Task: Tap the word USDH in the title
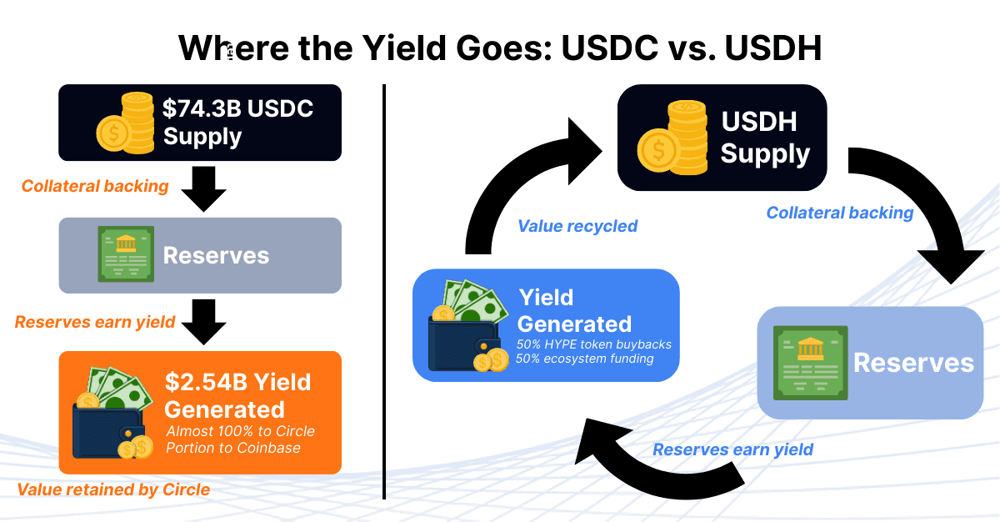click(x=772, y=48)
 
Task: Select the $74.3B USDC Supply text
click(x=237, y=122)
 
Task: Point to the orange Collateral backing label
click(x=95, y=186)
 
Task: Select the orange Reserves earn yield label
click(x=95, y=322)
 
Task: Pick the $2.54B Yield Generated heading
click(x=237, y=395)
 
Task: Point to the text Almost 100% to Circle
click(x=240, y=432)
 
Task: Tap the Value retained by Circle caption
click(x=113, y=489)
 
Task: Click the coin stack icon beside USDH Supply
click(x=672, y=138)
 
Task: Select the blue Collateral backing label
click(x=840, y=213)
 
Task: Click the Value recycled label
click(x=577, y=226)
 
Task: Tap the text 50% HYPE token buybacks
click(x=593, y=344)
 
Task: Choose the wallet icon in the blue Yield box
click(x=467, y=327)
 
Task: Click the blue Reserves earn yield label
click(x=732, y=449)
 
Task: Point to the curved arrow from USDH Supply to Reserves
click(x=925, y=208)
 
